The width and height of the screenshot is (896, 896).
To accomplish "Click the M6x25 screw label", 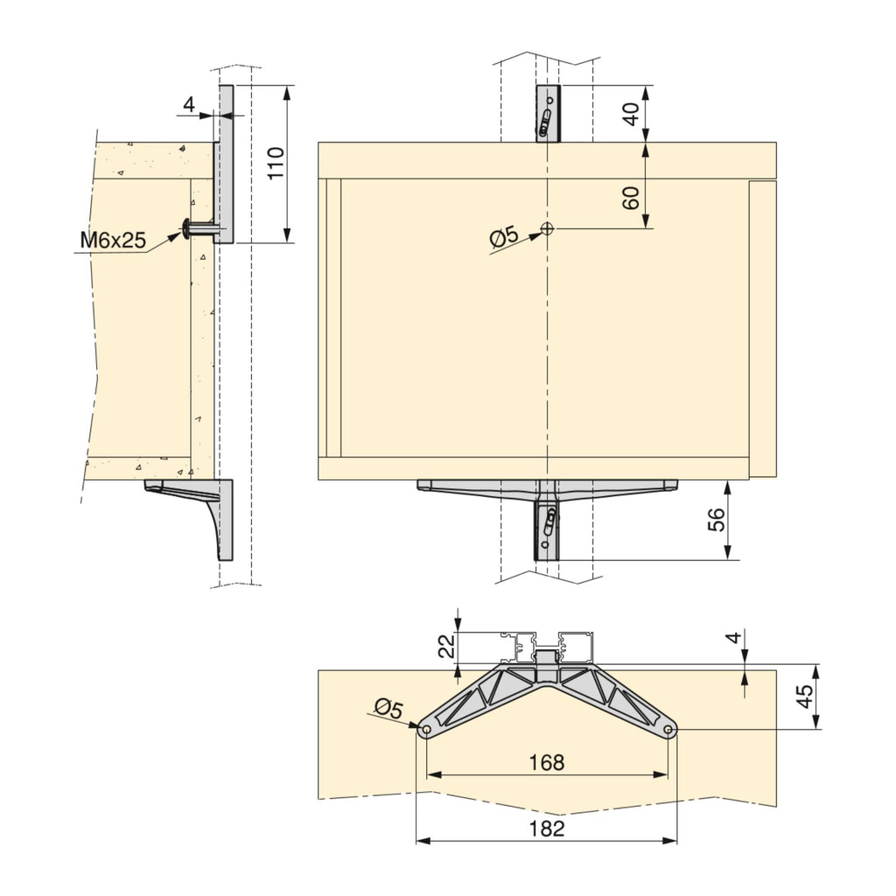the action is (113, 241).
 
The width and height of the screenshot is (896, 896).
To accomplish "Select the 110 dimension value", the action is (276, 164).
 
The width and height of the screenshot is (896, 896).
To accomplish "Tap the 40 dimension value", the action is (631, 115).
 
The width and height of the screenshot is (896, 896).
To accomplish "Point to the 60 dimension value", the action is (631, 199).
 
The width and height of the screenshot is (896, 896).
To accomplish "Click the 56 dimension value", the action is (716, 520).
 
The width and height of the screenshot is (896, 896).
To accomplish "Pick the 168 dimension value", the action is (547, 762).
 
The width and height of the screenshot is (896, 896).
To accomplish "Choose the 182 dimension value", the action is (547, 828).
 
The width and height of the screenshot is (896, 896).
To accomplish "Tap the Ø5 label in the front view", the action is (504, 236).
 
